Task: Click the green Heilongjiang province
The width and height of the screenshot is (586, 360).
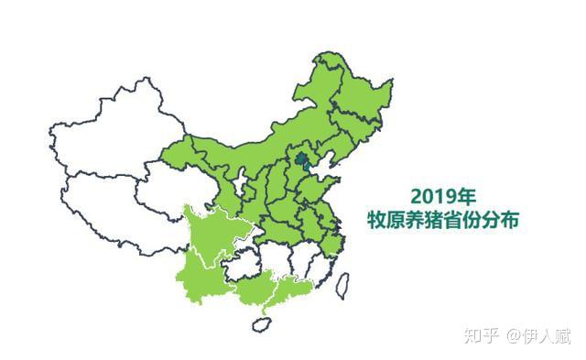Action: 353,87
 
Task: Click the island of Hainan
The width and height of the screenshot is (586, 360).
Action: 265,322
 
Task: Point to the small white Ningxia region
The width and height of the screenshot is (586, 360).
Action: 240,183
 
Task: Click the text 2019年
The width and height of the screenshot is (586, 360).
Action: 443,196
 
